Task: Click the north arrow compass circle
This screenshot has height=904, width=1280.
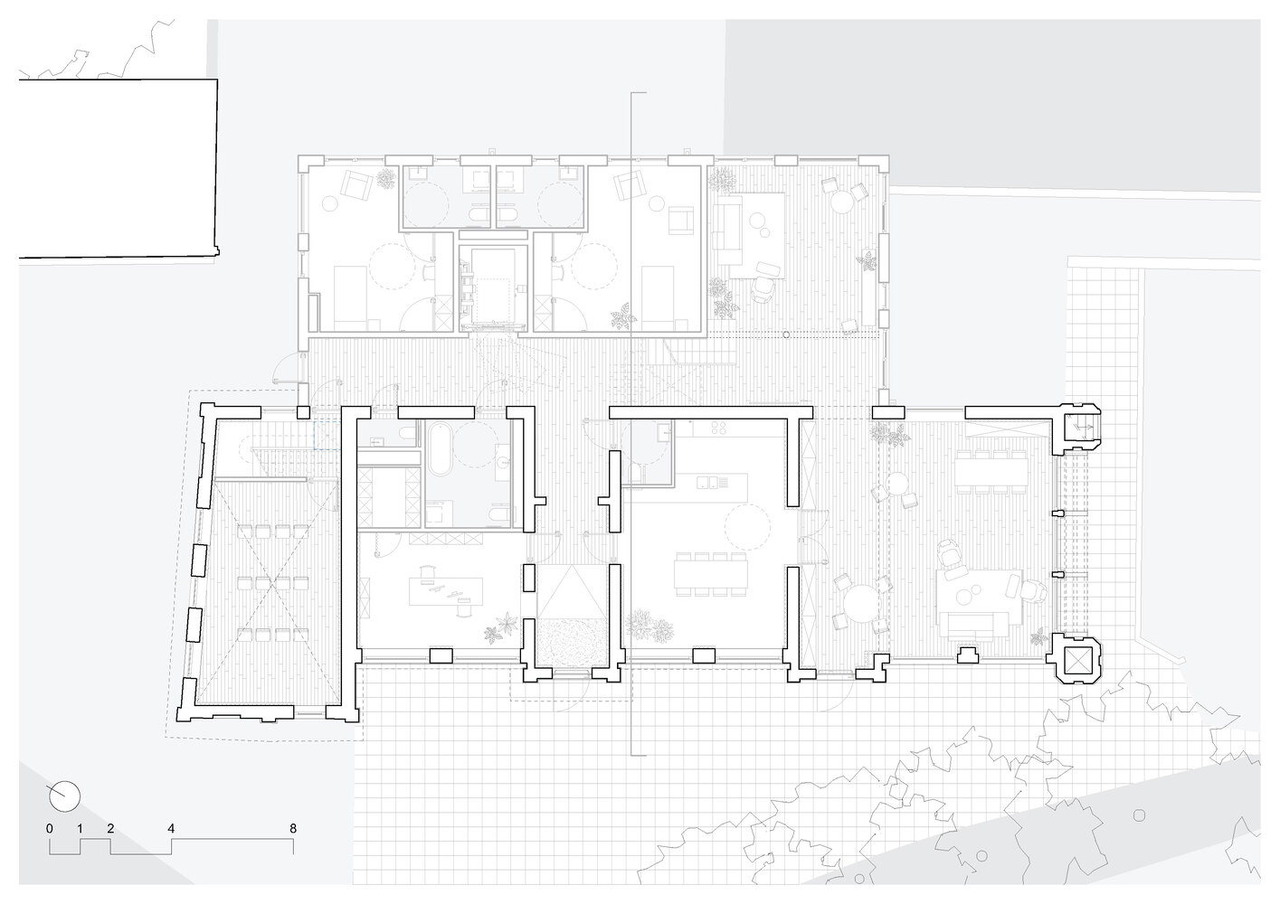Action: [65, 796]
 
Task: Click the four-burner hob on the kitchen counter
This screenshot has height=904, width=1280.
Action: [722, 428]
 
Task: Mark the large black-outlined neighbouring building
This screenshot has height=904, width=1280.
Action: [118, 169]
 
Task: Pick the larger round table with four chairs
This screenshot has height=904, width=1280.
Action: [857, 601]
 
